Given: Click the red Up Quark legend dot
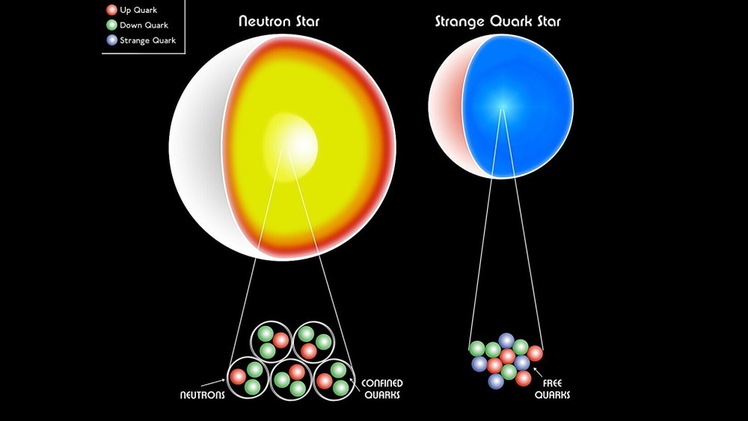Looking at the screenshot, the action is (112, 10).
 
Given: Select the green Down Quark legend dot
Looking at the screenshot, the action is (112, 25).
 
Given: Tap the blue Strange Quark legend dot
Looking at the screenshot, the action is (112, 40).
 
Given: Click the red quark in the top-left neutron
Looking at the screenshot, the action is (280, 340).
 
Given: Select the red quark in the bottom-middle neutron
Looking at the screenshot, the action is (297, 372).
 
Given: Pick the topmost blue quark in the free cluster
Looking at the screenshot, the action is (507, 341).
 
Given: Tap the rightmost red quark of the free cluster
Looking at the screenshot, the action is (535, 353).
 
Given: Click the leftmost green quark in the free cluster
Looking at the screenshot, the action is (476, 348).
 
